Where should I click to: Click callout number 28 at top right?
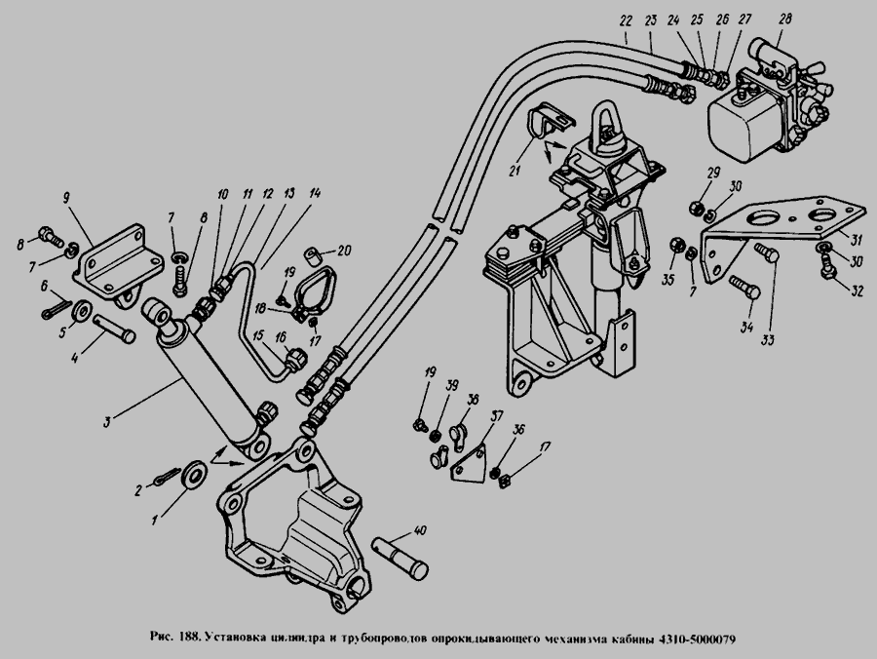pos(785,19)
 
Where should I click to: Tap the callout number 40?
pos(420,531)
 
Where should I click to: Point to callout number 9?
pos(67,197)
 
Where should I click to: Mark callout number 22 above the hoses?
pos(625,19)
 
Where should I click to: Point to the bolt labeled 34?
pos(744,289)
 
